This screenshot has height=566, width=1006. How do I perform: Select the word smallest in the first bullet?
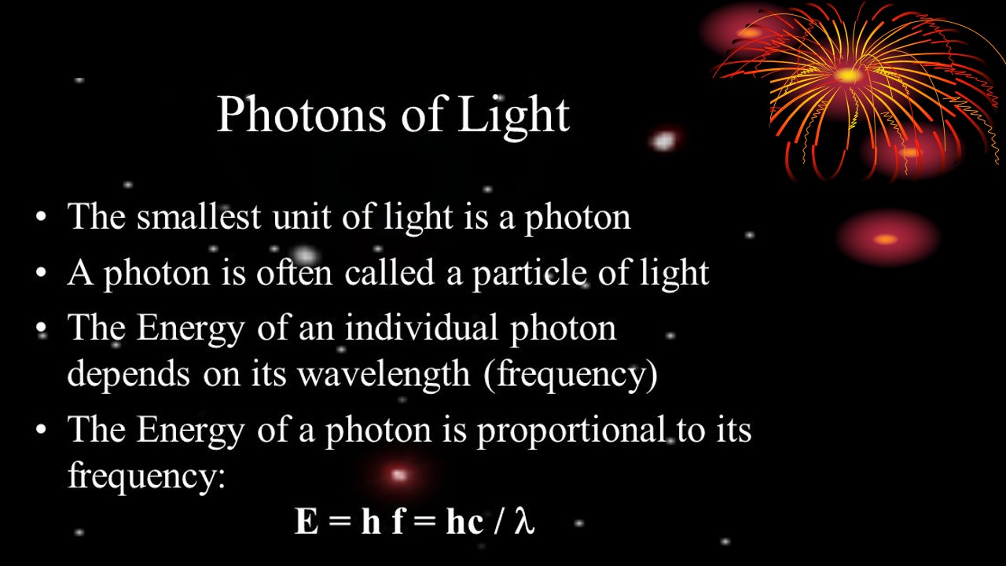(x=199, y=216)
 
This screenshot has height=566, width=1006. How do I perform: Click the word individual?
(x=421, y=327)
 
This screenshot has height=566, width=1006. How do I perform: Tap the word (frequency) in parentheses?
(x=571, y=373)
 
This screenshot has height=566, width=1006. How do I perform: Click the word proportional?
(x=571, y=430)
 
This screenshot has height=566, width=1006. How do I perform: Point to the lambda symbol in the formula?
(x=524, y=521)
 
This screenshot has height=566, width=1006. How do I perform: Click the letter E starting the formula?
(x=306, y=521)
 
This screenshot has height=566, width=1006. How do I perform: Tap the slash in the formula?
(x=498, y=521)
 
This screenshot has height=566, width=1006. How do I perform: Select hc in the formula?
(x=464, y=521)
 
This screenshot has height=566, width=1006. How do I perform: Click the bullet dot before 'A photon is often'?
(x=42, y=273)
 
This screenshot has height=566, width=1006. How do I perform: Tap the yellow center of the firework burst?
(x=847, y=75)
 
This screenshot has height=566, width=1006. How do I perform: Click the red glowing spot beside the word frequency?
(x=398, y=475)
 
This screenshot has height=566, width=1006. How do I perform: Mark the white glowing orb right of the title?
(x=663, y=141)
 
